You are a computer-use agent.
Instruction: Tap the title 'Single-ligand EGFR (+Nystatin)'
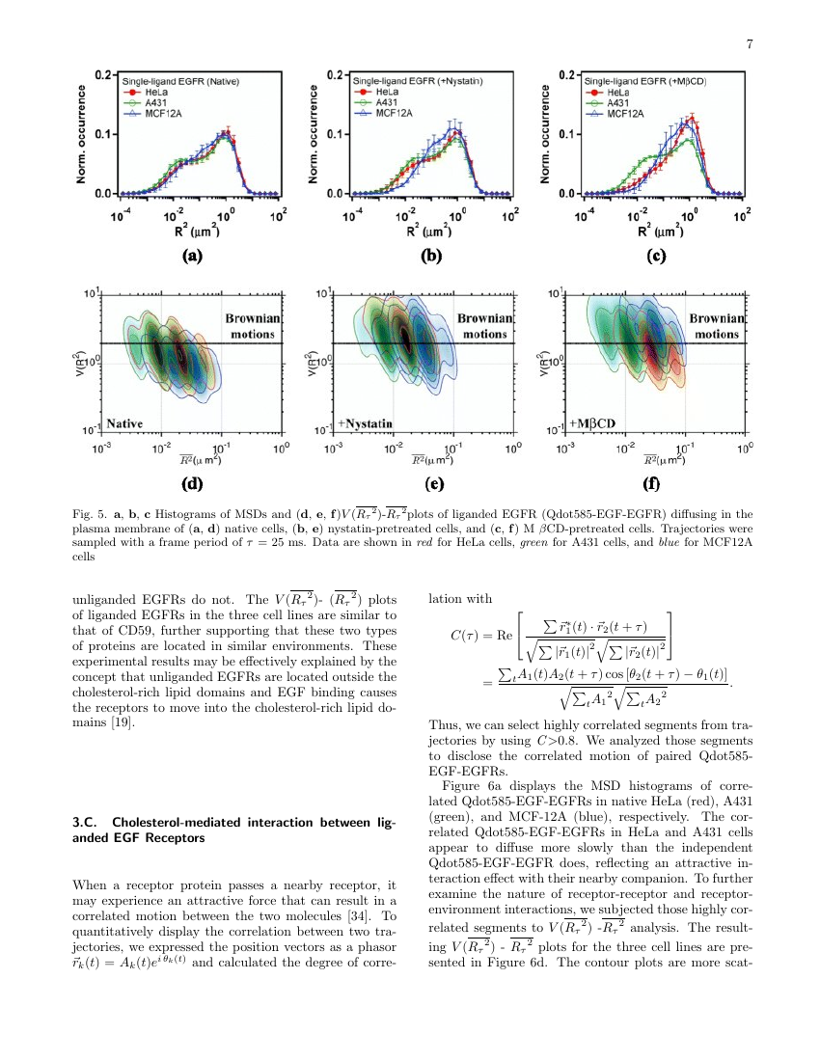tap(417, 82)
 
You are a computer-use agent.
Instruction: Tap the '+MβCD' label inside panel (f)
tap(597, 423)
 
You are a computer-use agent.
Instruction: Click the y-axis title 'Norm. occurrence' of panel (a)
tap(84, 135)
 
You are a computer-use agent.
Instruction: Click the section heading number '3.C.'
tap(74, 822)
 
